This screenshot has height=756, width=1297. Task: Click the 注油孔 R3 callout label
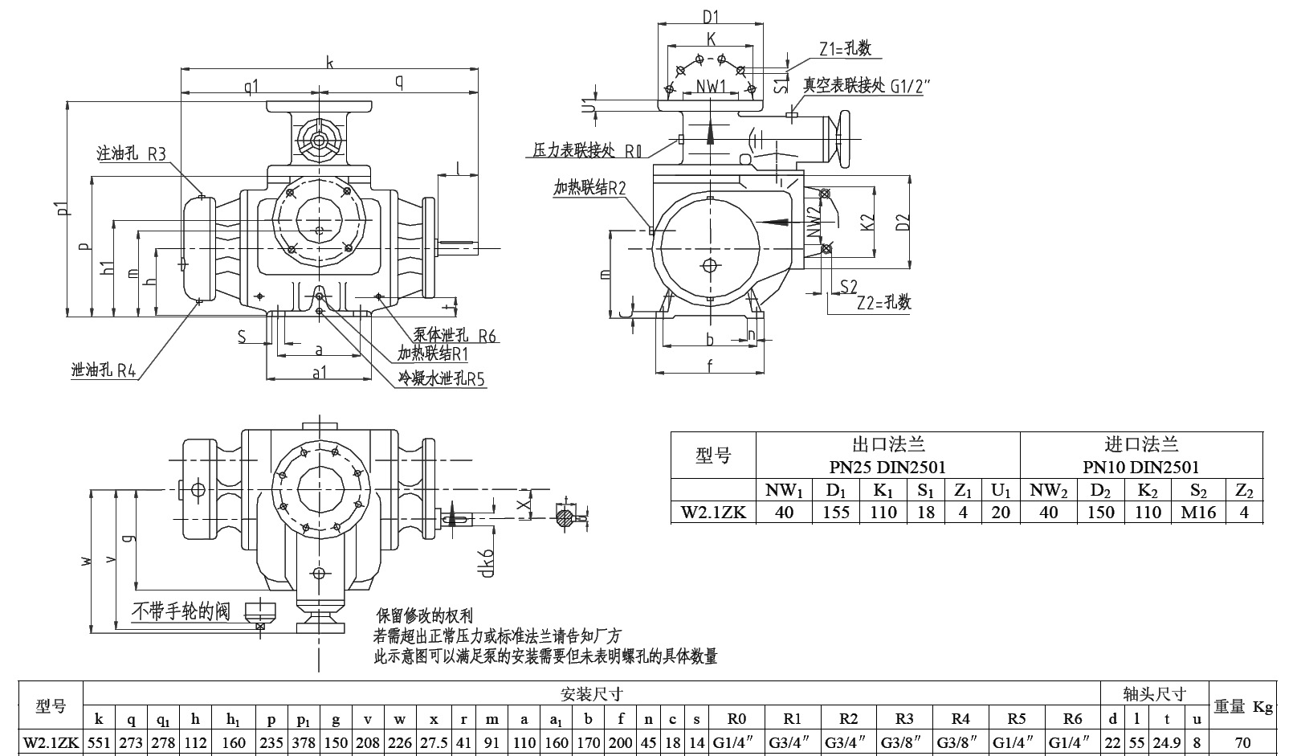click(131, 153)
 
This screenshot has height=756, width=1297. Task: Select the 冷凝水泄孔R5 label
click(443, 378)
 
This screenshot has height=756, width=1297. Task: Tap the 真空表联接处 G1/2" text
click(868, 86)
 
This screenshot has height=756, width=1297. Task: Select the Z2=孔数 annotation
click(884, 303)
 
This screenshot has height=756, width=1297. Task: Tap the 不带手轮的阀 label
click(181, 611)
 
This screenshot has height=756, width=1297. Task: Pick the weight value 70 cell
click(1243, 743)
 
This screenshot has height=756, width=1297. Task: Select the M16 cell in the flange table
click(1198, 513)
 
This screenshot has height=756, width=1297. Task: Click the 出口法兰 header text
click(887, 443)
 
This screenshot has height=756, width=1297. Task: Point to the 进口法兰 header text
click(1140, 443)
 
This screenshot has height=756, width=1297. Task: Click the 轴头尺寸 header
click(1154, 693)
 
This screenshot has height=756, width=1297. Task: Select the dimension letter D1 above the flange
click(710, 15)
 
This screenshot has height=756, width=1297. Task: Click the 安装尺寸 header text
click(592, 693)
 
